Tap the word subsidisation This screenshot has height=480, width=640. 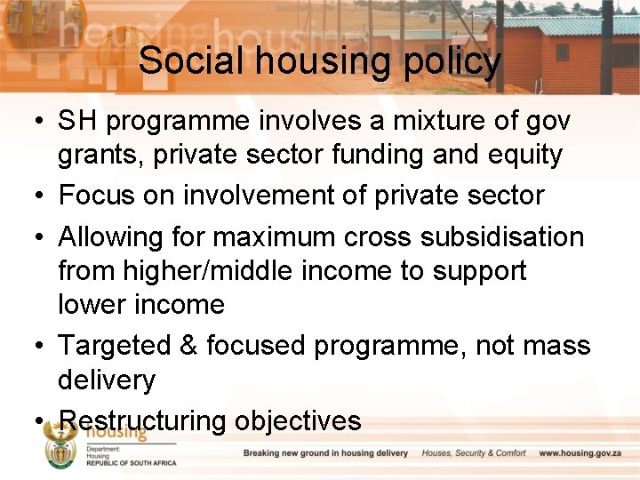pos(503,237)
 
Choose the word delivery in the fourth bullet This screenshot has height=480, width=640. pos(107,380)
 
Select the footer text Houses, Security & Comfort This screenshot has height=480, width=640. pos(474,453)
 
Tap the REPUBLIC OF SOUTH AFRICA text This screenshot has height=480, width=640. pos(131,463)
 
